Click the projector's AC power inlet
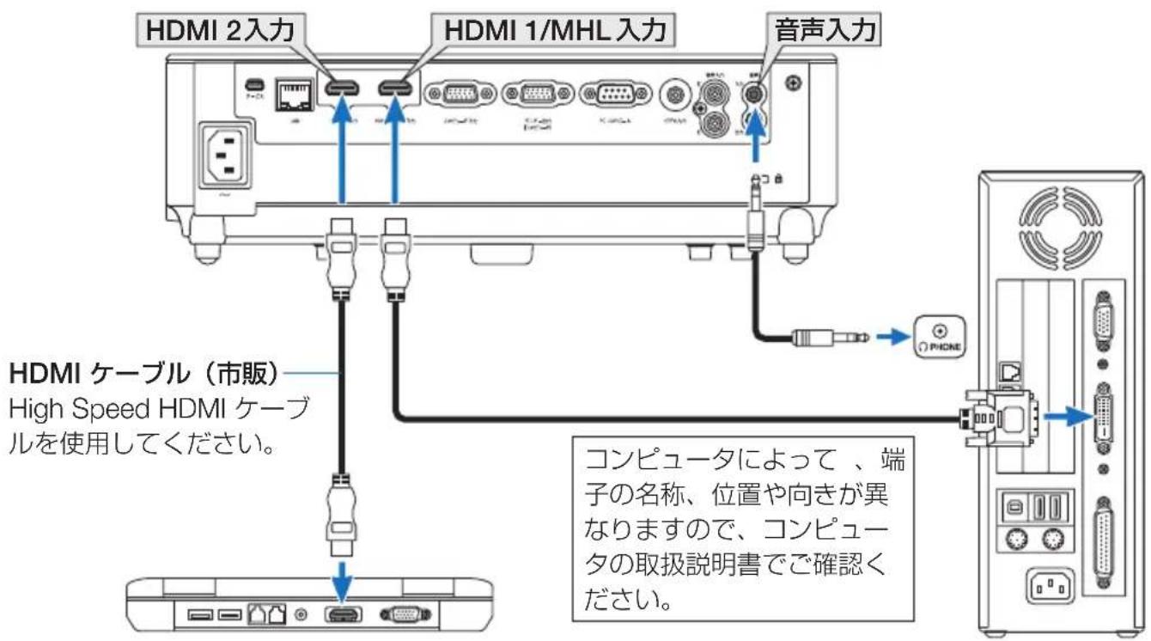tap(226, 155)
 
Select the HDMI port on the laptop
tap(343, 614)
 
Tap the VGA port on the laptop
tap(400, 614)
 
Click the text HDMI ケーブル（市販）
tap(143, 375)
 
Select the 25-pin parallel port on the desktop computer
tap(1103, 539)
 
